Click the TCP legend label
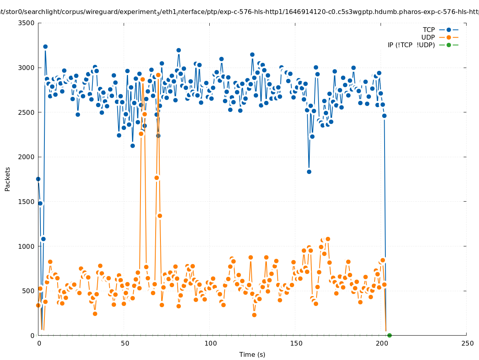429,30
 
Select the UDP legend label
428,37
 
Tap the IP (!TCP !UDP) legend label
411,45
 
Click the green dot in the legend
449,45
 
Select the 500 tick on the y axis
28,291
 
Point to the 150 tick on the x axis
296,344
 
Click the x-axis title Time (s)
252,354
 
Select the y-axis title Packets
8,179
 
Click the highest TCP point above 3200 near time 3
45,46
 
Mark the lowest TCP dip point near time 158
309,172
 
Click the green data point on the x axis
389,335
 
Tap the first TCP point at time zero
38,179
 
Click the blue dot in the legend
449,30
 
